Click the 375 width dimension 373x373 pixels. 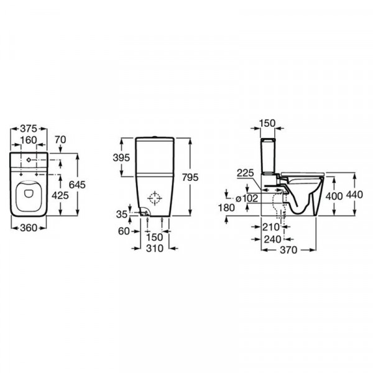29,129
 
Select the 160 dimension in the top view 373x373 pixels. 29,140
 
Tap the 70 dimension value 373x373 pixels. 60,140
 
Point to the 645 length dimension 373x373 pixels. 77,185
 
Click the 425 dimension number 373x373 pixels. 60,195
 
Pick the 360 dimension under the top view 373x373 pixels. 29,228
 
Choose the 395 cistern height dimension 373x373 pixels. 121,157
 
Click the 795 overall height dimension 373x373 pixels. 190,177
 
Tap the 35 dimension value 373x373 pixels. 122,214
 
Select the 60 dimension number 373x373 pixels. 124,231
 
